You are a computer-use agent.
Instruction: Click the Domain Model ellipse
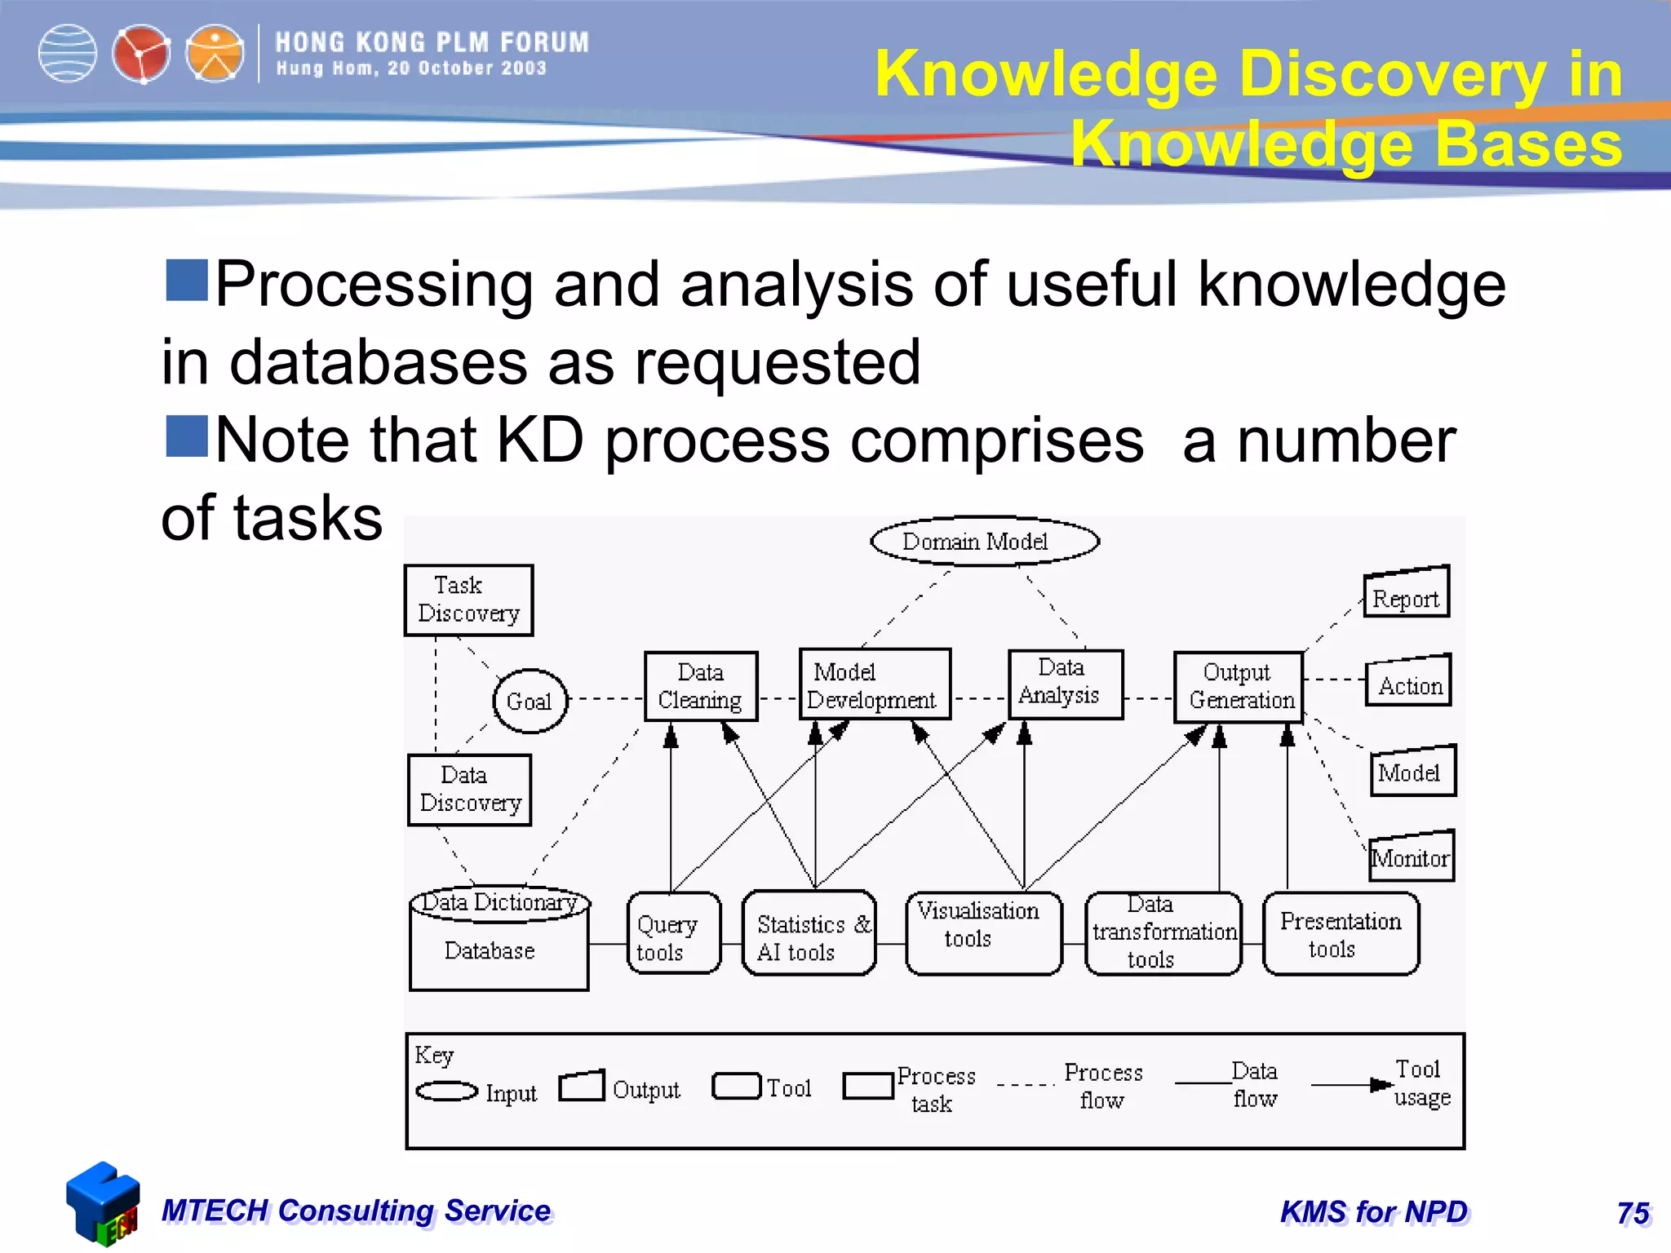(984, 541)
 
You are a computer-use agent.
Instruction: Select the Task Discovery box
(468, 600)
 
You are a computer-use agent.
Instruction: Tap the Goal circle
(530, 701)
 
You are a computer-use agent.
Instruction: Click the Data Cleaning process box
(701, 686)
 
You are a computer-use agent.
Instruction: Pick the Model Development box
(875, 685)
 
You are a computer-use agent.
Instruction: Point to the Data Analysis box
(1065, 684)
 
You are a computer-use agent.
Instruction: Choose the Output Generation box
(1238, 687)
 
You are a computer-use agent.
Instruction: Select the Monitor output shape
(1411, 857)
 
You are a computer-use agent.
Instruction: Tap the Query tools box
(673, 933)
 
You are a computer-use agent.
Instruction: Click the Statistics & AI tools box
(808, 933)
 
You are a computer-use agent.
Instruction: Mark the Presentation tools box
(1340, 933)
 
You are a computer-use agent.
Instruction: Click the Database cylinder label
(490, 951)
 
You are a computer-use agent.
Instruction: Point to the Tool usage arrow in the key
(1350, 1085)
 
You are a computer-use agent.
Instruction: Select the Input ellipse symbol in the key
(446, 1091)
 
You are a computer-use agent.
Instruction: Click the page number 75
(1633, 1213)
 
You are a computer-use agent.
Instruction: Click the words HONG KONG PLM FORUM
(432, 42)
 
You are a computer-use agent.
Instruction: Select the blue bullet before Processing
(187, 281)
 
